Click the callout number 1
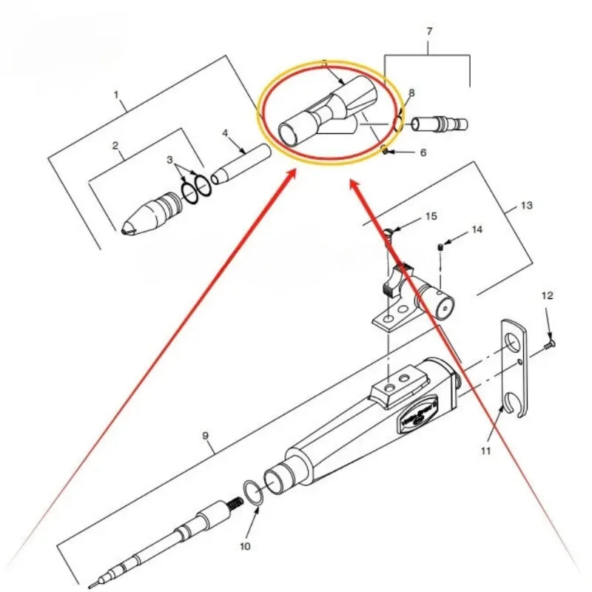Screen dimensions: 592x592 pos(116,95)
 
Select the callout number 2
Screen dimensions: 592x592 pos(115,146)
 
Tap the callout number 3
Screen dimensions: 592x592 pos(169,160)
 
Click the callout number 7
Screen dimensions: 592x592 pos(429,32)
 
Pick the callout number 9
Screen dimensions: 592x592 pos(207,436)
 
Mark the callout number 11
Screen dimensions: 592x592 pos(486,449)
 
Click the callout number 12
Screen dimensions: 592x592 pos(547,295)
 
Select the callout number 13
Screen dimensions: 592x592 pos(526,203)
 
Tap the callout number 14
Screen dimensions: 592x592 pos(477,229)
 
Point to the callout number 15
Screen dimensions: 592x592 pos(431,216)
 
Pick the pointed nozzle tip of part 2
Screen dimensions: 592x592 pos(129,223)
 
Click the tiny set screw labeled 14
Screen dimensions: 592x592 pos(440,246)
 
